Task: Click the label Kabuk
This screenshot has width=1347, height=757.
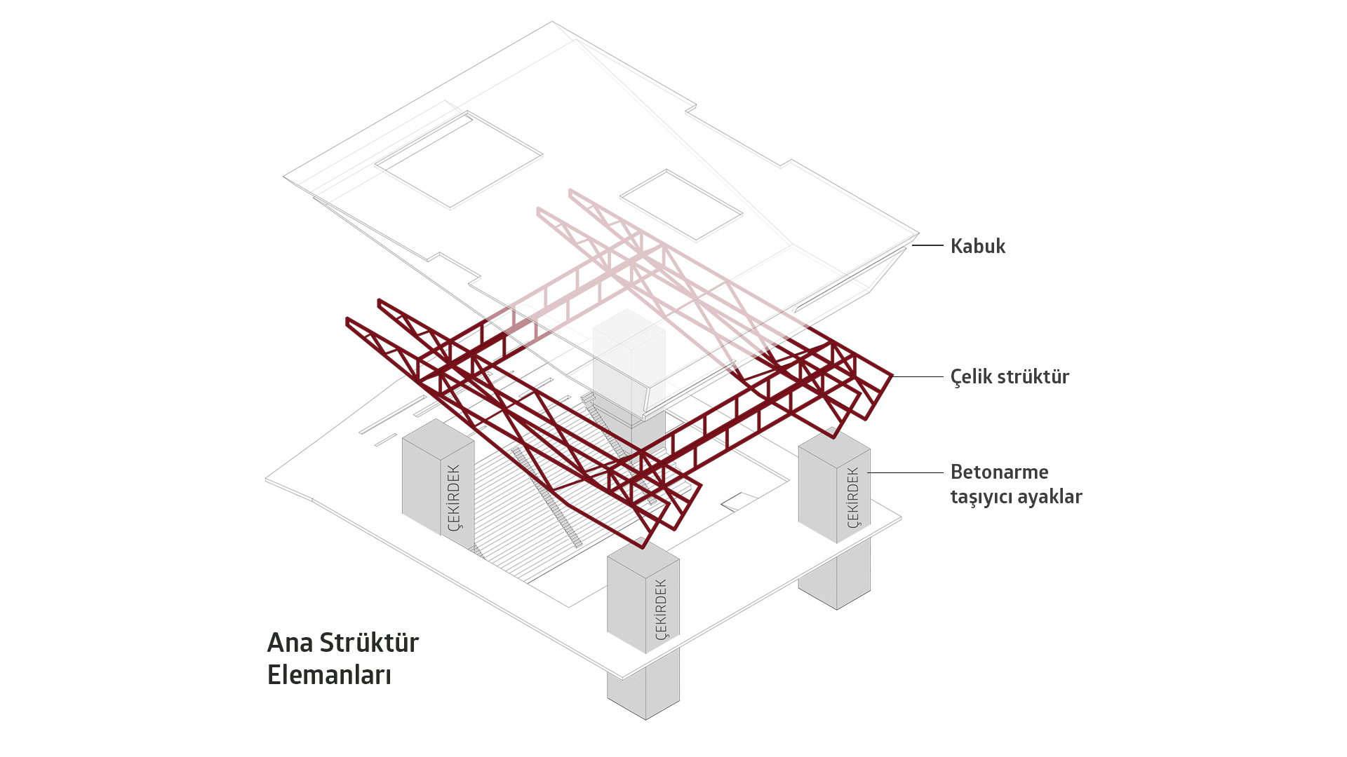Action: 977,246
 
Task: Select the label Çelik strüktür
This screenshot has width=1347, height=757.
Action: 1009,376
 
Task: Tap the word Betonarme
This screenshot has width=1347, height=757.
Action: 999,472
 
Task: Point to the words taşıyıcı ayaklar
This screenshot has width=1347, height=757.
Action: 1016,496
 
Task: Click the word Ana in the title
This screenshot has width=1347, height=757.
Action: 289,642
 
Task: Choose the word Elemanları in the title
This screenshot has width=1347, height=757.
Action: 329,674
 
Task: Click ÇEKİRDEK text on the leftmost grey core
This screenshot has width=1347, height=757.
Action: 454,498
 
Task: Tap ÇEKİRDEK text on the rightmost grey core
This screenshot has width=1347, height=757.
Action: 852,498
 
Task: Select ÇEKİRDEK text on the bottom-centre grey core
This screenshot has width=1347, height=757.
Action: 661,608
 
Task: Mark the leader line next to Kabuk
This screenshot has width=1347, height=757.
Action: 927,245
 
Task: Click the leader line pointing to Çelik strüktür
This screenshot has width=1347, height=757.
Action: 918,376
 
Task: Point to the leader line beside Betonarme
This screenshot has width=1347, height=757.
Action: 905,472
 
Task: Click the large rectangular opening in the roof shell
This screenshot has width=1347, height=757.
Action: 459,160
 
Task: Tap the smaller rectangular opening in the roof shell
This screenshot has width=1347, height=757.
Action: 681,205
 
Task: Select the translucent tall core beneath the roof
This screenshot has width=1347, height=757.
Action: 629,364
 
